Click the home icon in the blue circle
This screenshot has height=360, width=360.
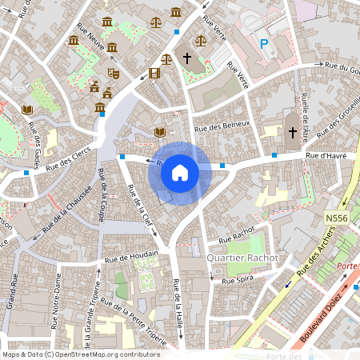pos(180,172)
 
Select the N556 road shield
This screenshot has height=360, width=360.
pos(337,218)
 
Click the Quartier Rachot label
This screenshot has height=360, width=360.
pos(242,258)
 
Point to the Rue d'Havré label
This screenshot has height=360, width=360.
pos(326,155)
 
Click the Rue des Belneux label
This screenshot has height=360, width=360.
pos(222,125)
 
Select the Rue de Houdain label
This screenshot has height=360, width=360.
pos(131,257)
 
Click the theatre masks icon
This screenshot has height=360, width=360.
pos(114,72)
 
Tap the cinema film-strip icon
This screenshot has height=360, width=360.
pos(154,74)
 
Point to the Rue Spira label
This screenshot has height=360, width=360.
pos(237,281)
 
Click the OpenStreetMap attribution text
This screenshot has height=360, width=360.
pos(80,354)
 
